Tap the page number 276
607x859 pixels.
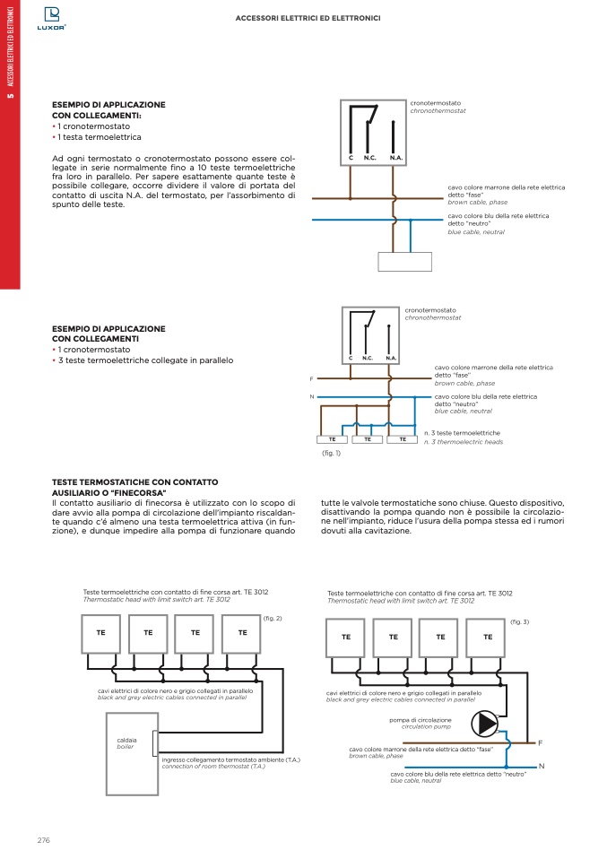(x=43, y=839)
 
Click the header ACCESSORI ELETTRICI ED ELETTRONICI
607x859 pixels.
(x=308, y=17)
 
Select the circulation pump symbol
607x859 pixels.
(x=486, y=723)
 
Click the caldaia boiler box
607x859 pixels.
(x=132, y=742)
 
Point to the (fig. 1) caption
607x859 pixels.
(x=331, y=454)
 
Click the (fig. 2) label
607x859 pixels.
(x=273, y=619)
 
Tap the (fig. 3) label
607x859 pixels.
(x=519, y=621)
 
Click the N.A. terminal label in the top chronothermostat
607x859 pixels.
(x=396, y=158)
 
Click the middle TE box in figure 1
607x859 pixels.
(x=368, y=439)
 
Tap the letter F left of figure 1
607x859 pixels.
(x=311, y=378)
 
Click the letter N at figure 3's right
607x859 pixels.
(x=542, y=766)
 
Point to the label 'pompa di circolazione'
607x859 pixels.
(x=420, y=719)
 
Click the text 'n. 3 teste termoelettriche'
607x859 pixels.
(x=462, y=433)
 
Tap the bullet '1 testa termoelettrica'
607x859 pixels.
(x=99, y=137)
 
